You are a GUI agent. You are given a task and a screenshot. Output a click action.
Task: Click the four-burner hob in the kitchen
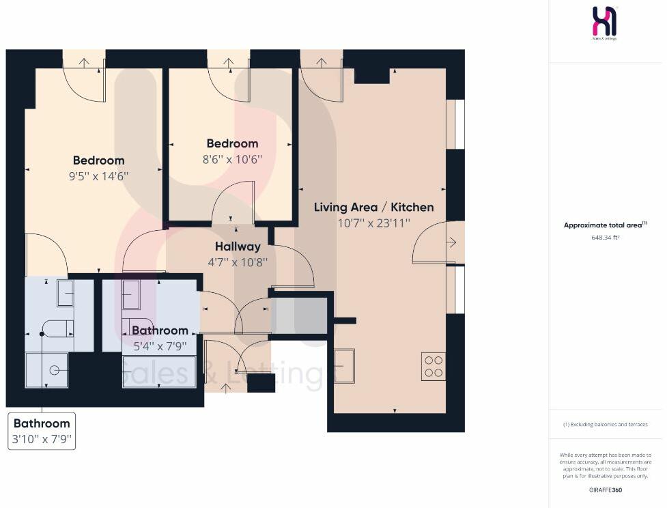pyautogui.click(x=434, y=366)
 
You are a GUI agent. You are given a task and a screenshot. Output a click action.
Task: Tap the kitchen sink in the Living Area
pyautogui.click(x=345, y=365)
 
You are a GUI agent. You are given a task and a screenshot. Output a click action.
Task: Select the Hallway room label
pyautogui.click(x=238, y=246)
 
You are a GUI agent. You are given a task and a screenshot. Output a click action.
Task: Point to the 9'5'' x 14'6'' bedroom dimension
pyautogui.click(x=99, y=175)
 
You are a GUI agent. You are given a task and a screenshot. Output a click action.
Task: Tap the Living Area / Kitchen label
pyautogui.click(x=373, y=207)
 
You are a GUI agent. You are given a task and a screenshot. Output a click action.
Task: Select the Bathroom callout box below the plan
pyautogui.click(x=42, y=431)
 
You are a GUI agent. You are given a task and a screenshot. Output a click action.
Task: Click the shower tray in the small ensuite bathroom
pyautogui.click(x=47, y=370)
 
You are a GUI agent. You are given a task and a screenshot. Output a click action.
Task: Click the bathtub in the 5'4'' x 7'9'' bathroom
pyautogui.click(x=159, y=371)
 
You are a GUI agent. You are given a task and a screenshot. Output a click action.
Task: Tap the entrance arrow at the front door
pyautogui.click(x=226, y=389)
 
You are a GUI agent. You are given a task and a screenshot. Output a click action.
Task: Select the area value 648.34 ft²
pyautogui.click(x=605, y=238)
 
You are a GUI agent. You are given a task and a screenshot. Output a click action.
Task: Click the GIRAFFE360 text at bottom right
pyautogui.click(x=605, y=490)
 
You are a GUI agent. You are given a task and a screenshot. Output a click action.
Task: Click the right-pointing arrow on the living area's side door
pyautogui.click(x=451, y=242)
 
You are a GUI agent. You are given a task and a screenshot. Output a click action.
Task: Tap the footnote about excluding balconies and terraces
pyautogui.click(x=605, y=424)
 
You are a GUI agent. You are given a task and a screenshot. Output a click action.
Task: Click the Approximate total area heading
pyautogui.click(x=604, y=225)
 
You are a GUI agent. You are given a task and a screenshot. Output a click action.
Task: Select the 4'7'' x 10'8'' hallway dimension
pyautogui.click(x=238, y=262)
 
